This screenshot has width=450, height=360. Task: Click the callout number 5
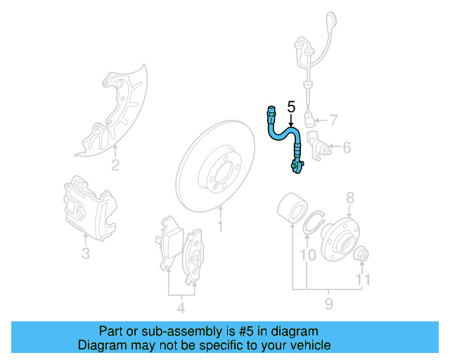click(292, 108)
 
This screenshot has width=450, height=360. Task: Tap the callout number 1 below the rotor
click(220, 226)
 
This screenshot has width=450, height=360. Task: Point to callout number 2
click(115, 166)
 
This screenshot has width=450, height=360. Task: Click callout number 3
click(85, 253)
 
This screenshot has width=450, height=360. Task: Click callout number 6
click(347, 148)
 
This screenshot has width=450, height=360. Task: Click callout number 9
click(328, 304)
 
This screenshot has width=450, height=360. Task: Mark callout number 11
click(361, 280)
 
